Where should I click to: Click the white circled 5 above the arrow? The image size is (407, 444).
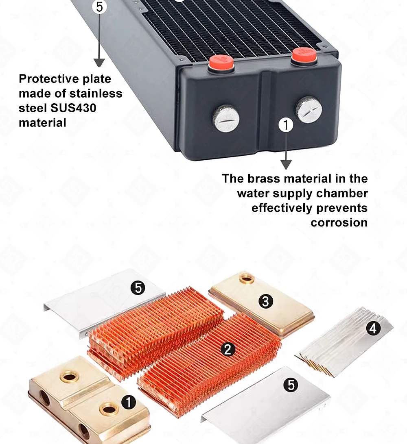[99, 7]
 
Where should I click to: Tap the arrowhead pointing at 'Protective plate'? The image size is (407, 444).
[99, 63]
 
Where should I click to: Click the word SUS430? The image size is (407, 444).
[73, 108]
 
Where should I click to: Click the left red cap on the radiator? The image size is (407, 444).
[221, 63]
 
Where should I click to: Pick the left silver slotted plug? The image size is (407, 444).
[226, 118]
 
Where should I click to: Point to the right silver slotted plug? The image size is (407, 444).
[309, 110]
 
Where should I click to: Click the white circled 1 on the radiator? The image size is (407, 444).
[286, 125]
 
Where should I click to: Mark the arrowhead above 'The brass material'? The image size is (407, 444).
[286, 165]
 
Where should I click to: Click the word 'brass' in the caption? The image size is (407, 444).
[264, 178]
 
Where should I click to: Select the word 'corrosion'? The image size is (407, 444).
[339, 222]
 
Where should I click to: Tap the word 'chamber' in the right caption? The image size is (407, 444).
[342, 194]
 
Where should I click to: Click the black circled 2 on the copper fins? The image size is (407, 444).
[228, 349]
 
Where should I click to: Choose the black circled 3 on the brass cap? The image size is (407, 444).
[266, 301]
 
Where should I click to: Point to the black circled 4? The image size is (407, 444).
[373, 329]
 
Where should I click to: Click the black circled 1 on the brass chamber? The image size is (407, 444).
[128, 403]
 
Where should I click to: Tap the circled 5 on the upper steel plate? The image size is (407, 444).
[138, 288]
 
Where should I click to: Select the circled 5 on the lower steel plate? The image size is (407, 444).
[291, 385]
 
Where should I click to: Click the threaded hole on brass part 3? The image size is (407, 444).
[246, 279]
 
